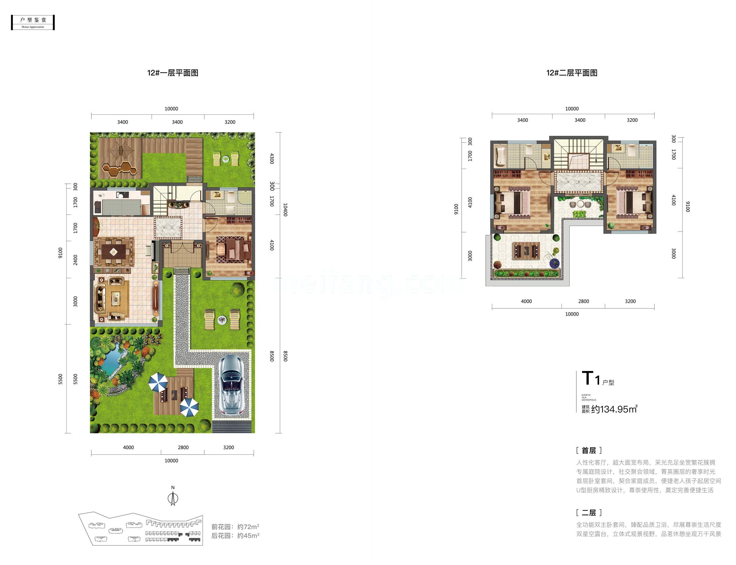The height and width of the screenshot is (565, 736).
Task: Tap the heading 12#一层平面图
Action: pos(173,73)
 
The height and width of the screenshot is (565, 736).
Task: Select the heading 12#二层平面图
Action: pos(571,73)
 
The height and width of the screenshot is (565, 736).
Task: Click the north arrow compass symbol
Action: pos(173,498)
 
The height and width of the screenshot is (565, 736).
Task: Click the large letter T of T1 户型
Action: pos(587,378)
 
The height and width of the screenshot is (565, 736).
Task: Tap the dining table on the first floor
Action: pos(114,251)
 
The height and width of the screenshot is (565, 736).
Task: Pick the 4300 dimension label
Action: pos(272,158)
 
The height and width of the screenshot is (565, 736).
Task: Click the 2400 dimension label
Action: pos(75,260)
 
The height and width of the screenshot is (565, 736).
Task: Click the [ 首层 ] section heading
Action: pos(589,450)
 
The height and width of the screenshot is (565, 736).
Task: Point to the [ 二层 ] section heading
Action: pos(589,513)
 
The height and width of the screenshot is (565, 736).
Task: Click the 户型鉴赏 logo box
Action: pos(33,23)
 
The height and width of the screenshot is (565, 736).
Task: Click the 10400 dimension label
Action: pos(285,210)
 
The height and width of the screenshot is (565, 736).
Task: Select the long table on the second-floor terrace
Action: pos(526,250)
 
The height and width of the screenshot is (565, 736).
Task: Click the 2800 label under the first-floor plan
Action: pos(183,447)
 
